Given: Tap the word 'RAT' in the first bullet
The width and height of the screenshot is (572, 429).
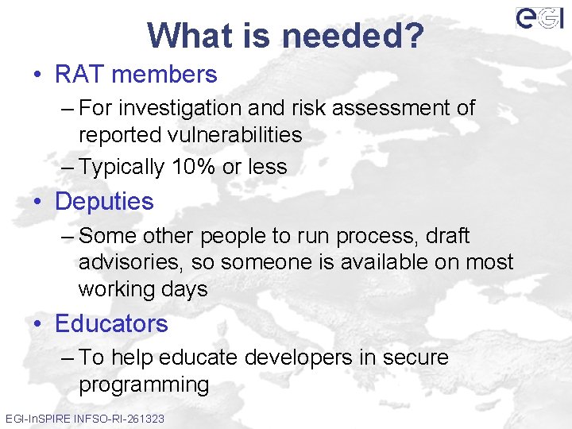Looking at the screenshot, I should [79, 75].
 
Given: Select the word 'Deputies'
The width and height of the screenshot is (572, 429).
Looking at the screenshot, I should [104, 202].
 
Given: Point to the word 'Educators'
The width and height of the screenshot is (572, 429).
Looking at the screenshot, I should [111, 324].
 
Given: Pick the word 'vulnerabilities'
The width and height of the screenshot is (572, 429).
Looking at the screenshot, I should [236, 135].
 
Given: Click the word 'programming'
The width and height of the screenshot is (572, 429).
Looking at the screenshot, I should [144, 385].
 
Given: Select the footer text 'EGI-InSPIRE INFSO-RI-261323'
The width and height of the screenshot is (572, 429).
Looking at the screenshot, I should [85, 418].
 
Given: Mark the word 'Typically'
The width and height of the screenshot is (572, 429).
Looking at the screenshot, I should [122, 167].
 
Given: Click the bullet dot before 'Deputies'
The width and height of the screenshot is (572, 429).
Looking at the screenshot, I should [39, 202].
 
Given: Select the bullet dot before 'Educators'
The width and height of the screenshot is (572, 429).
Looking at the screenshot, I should [39, 324].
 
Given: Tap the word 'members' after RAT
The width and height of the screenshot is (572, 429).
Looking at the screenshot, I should [164, 75].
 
